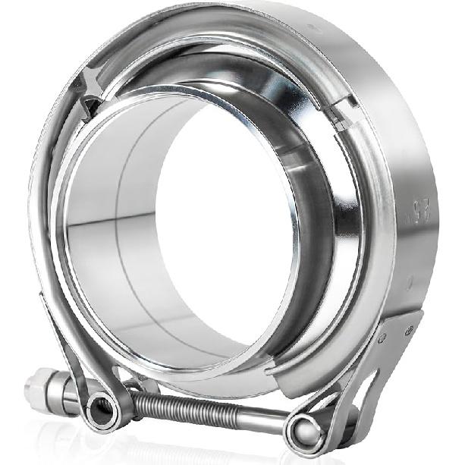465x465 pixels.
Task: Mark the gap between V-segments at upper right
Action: tap(342, 114)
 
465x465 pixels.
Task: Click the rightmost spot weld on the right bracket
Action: tap(410, 329)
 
